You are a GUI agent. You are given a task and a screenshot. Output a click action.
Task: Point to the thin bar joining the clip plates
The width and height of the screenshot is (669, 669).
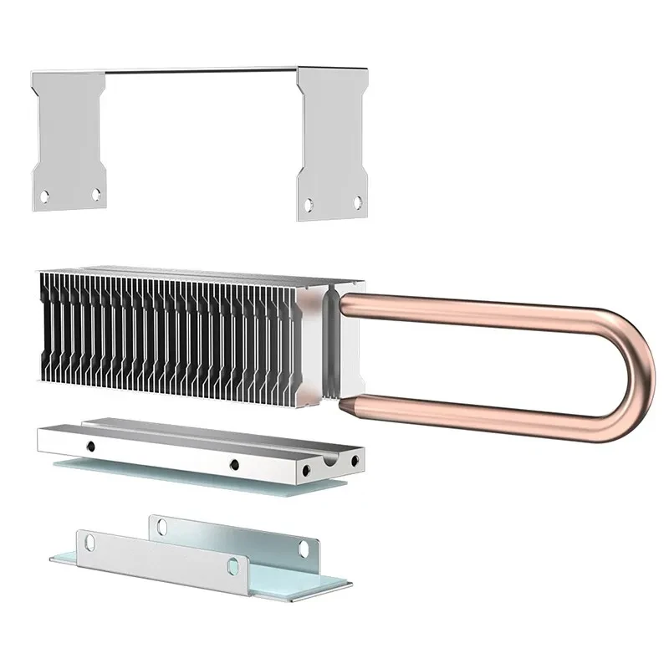pos(201,70)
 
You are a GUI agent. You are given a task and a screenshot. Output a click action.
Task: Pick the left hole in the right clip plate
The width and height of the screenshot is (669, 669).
pos(309,203)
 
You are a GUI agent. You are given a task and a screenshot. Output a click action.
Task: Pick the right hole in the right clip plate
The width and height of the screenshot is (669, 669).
pos(358,202)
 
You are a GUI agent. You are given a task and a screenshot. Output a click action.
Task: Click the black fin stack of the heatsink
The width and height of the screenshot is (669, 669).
pos(167,334)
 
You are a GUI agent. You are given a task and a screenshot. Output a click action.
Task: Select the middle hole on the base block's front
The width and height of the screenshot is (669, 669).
pos(234,464)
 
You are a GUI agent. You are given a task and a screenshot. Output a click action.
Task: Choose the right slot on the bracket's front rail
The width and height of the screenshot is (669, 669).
pos(233,566)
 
